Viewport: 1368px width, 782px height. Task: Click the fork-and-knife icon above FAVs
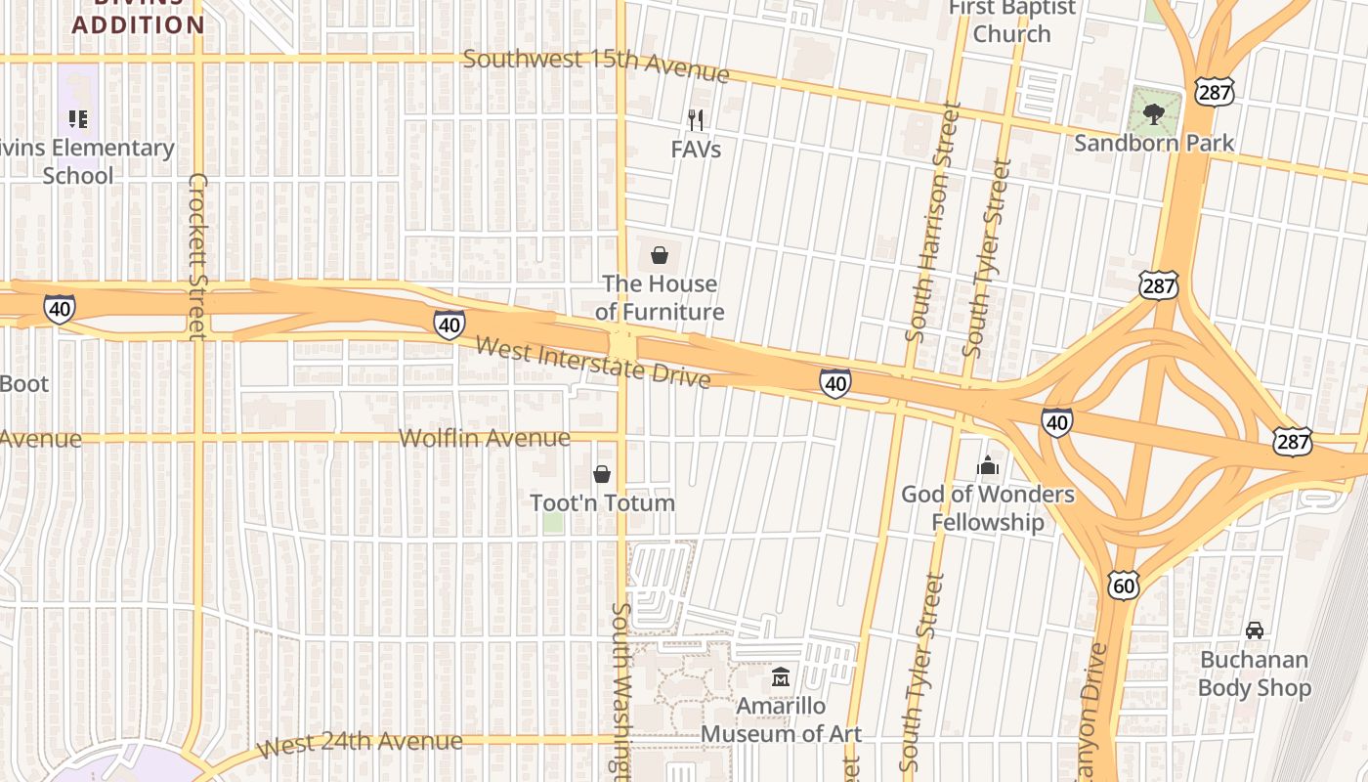pos(696,120)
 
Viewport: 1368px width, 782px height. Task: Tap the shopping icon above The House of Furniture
pos(660,256)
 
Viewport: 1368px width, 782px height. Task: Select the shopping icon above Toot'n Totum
pos(602,474)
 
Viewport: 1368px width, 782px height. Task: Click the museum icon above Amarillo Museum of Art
pos(781,676)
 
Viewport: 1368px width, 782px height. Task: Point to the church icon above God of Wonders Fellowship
pos(988,465)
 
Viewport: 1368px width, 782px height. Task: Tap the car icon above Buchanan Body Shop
pos(1254,630)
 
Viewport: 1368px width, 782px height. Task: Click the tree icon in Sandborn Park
pos(1154,113)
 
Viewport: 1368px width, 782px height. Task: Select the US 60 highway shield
pos(1124,585)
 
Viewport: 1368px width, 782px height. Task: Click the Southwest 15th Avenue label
pos(596,65)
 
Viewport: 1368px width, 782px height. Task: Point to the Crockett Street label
pos(198,256)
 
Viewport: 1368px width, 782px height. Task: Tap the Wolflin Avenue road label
pos(484,438)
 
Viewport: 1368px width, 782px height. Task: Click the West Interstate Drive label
pos(593,362)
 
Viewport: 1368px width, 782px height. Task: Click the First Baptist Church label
pos(1012,21)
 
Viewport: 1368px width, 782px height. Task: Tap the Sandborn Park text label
pos(1154,143)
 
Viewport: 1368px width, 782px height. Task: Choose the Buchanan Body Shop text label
pos(1254,673)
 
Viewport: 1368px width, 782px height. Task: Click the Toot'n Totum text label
pos(602,502)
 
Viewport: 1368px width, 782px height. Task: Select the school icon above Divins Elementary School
pos(78,119)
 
